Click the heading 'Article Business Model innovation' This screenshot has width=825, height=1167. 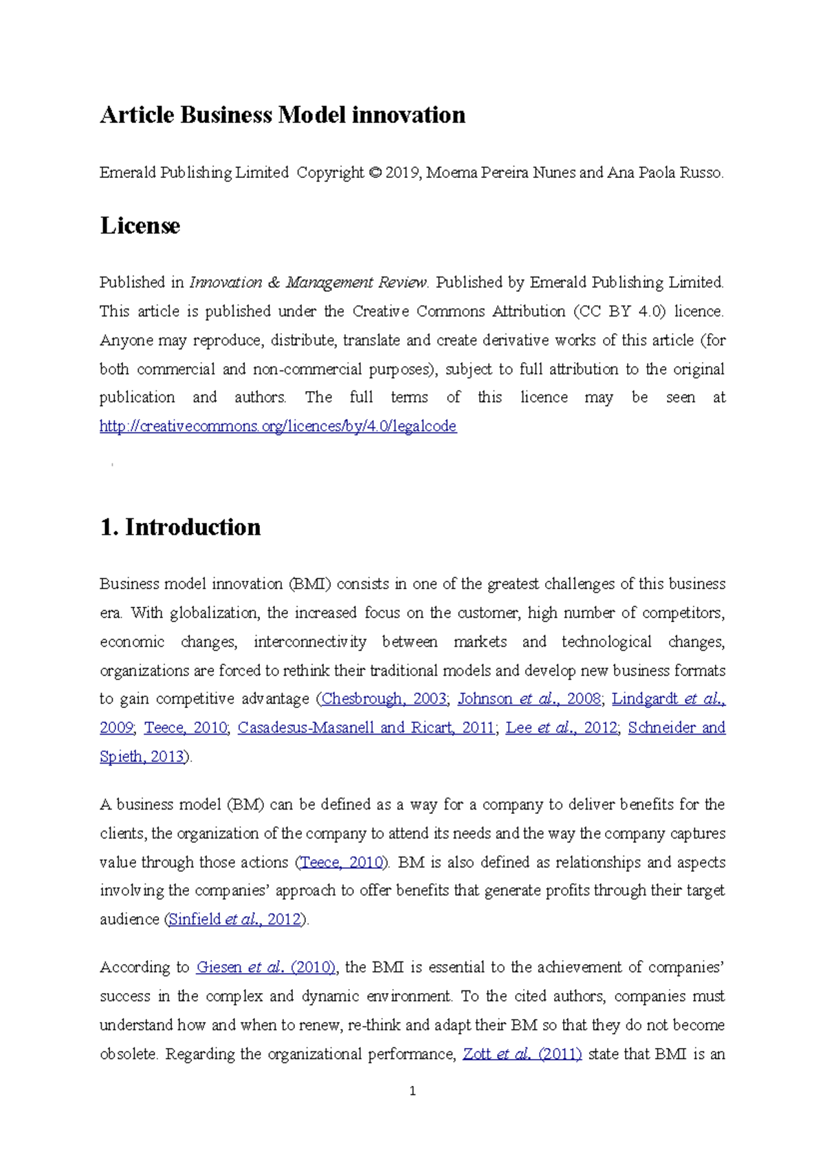[282, 115]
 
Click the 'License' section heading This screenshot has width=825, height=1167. [140, 225]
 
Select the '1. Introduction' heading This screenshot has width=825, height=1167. [180, 527]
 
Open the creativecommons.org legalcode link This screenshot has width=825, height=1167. [278, 426]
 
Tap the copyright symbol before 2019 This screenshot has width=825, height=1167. [374, 173]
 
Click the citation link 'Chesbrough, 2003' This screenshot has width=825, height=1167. [384, 699]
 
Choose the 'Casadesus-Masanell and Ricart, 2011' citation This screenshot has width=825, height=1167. [366, 728]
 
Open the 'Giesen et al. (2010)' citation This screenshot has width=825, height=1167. [265, 968]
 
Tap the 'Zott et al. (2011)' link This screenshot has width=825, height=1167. [522, 1054]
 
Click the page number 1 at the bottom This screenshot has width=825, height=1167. [412, 1091]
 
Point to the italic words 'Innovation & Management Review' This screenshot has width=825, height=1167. [308, 282]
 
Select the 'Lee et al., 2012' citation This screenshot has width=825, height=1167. [561, 728]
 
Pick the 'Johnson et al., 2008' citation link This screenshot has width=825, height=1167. [529, 699]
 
